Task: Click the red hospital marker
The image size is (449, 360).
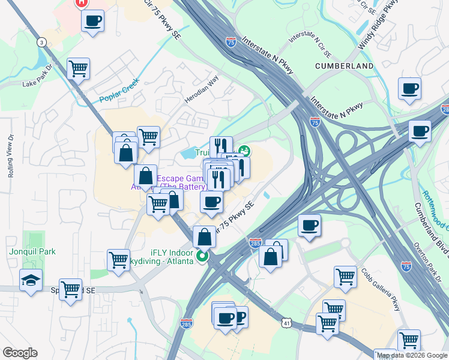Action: coord(82,2)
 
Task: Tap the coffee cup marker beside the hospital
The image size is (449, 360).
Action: coord(92,22)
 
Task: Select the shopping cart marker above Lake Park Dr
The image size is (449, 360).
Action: coord(79,69)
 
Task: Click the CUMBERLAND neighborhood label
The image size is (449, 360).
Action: coord(345,65)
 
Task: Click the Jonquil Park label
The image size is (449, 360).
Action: coord(32,251)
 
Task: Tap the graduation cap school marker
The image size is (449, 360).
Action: coord(31,280)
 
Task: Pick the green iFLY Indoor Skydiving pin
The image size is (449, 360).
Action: coord(202,256)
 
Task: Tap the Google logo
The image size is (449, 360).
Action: coord(20,353)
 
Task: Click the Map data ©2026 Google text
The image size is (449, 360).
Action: coord(412,355)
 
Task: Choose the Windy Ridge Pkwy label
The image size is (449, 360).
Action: coord(379,26)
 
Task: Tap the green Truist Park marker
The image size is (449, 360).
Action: coord(244,151)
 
